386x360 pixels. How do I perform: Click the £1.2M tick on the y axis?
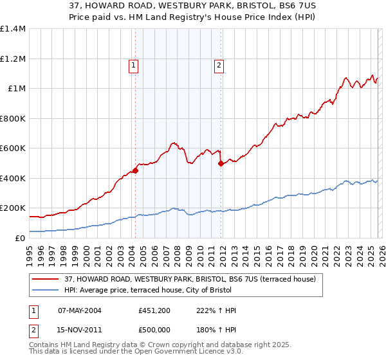click(x=12, y=59)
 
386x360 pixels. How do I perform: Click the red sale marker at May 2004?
click(x=135, y=170)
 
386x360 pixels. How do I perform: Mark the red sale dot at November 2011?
click(x=221, y=163)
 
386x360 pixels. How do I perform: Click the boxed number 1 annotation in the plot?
click(x=133, y=64)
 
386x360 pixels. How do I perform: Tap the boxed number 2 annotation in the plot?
click(x=219, y=64)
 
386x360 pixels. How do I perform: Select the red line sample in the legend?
click(x=45, y=280)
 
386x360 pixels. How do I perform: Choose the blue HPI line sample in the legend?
click(x=45, y=291)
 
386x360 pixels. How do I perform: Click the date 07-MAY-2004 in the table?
click(x=79, y=310)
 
